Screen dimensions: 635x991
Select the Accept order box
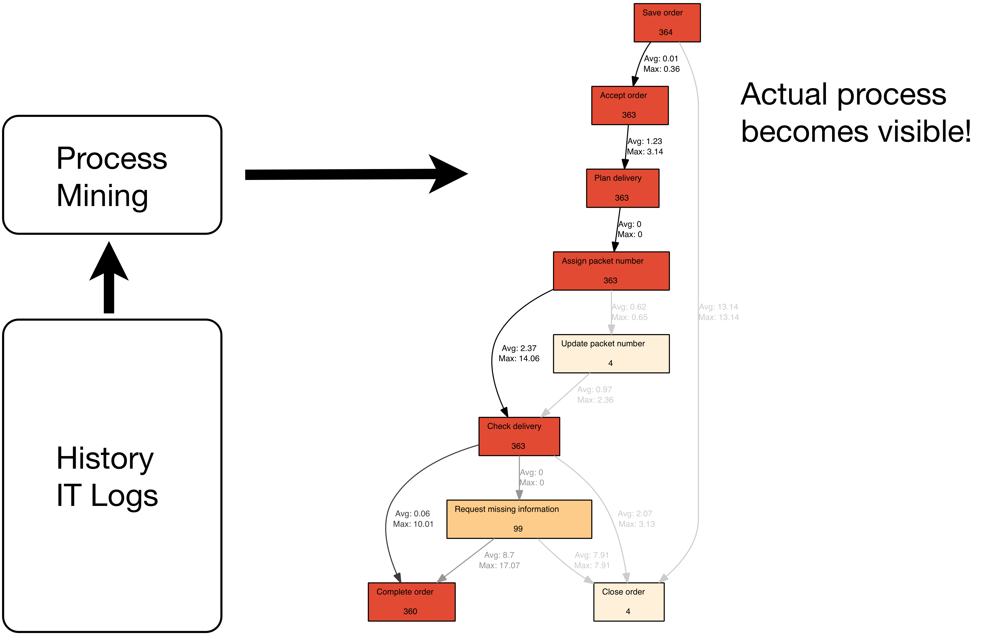pyautogui.click(x=629, y=105)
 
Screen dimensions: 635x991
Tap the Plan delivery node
pyautogui.click(x=622, y=188)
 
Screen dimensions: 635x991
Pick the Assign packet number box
pyautogui.click(x=611, y=271)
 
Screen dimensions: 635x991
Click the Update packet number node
pyautogui.click(x=611, y=353)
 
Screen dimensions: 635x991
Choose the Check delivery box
pyautogui.click(x=519, y=436)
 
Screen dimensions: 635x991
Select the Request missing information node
pyautogui.click(x=519, y=519)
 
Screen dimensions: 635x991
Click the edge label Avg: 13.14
pyautogui.click(x=718, y=307)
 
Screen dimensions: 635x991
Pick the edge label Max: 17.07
pyautogui.click(x=499, y=565)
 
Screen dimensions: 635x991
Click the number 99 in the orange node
pyautogui.click(x=518, y=529)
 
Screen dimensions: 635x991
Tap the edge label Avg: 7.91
pyautogui.click(x=592, y=555)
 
